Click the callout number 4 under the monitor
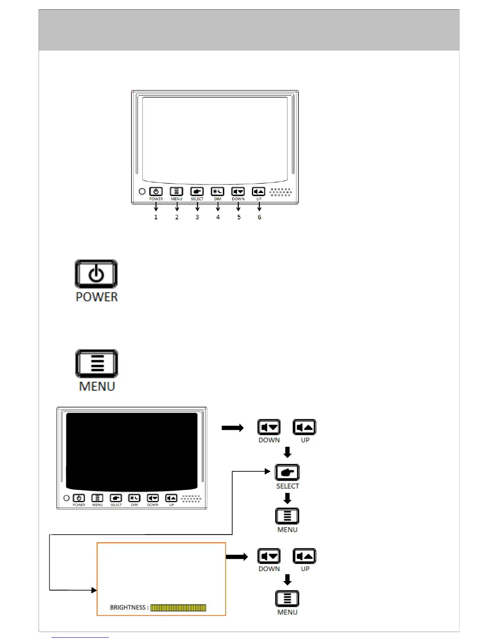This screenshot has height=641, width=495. (218, 217)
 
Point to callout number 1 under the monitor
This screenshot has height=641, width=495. (156, 217)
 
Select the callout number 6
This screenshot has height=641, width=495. (259, 217)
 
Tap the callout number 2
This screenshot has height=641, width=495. (177, 217)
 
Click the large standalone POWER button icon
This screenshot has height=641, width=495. (96, 274)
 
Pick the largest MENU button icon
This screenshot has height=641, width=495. (97, 363)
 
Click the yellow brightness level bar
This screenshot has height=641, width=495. (178, 607)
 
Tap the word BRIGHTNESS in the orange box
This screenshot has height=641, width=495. (127, 607)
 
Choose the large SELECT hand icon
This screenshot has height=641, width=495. (287, 473)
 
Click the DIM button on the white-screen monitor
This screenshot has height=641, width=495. (218, 191)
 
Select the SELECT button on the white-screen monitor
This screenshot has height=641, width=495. (197, 191)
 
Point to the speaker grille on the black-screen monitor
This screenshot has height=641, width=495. (191, 498)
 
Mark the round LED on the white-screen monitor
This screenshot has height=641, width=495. (142, 191)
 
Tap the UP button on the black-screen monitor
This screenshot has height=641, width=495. (171, 498)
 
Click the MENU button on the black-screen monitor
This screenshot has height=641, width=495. (97, 498)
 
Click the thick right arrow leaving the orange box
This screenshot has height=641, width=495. (237, 557)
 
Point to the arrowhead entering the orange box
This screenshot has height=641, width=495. (94, 590)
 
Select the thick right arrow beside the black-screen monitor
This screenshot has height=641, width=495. (233, 428)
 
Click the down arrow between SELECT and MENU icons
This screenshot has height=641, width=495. (287, 498)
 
